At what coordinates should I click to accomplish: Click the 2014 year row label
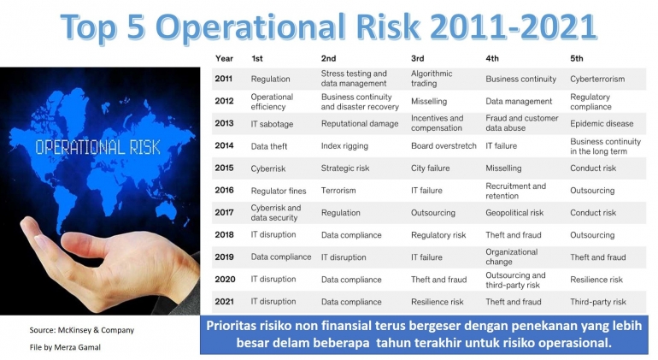point(224,146)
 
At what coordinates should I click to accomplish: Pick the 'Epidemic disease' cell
point(602,124)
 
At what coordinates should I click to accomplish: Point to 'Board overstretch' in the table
point(444,146)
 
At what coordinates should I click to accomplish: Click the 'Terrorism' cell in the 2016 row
point(338,191)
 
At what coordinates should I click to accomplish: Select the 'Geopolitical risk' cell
point(514,213)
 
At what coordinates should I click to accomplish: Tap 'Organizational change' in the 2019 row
point(511,257)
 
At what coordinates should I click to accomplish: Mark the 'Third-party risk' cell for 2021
point(598,302)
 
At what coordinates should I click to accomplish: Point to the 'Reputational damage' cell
point(359,124)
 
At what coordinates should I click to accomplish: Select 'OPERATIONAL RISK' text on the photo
point(97,147)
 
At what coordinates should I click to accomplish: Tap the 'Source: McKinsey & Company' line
point(81,330)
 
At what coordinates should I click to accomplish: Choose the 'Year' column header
point(225,58)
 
